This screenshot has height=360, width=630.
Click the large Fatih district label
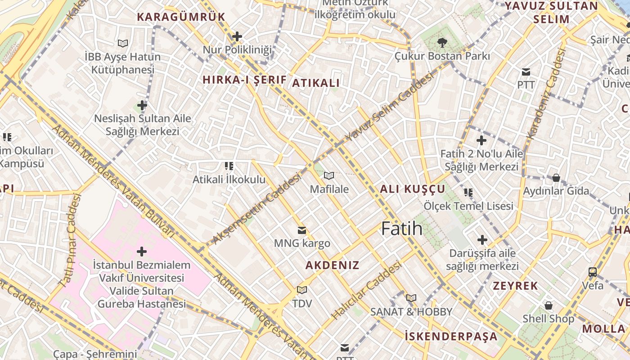coord(402,229)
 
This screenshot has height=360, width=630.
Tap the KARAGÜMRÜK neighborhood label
coord(181,17)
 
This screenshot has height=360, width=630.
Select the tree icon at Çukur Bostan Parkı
coord(442,43)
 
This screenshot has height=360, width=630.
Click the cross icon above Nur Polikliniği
coord(237,36)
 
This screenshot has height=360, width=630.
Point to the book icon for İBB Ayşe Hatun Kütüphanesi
coord(123,43)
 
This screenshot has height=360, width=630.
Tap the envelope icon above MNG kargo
coord(302,230)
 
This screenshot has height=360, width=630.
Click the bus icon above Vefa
coord(593,272)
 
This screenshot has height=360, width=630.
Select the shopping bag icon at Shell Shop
coord(549,306)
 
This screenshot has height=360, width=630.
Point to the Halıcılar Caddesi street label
coord(366,291)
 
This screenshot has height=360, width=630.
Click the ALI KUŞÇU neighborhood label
coord(412,189)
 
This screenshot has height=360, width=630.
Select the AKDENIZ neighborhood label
coord(333,265)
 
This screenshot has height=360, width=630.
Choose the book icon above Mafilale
coord(329,175)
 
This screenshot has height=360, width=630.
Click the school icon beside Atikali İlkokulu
coord(229,166)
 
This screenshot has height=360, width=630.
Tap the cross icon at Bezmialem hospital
coord(142,251)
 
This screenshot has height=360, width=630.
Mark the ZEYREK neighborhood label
coord(515,286)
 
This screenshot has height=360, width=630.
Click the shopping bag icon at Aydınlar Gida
coord(556,178)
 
